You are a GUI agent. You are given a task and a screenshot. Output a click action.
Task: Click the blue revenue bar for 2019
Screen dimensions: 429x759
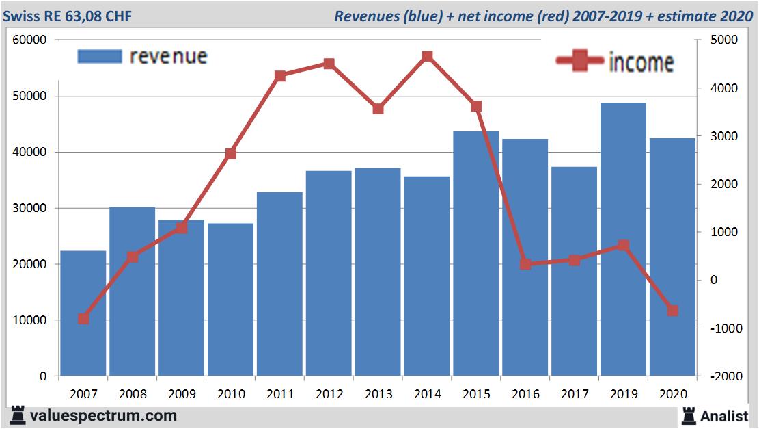(623, 239)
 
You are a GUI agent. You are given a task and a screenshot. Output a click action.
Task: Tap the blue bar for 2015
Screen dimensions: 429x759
(476, 253)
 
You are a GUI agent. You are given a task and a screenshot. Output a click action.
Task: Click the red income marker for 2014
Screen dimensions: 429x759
(427, 56)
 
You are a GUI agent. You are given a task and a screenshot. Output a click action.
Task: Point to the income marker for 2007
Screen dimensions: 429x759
(83, 319)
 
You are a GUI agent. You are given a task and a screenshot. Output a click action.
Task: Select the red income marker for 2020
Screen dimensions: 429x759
(672, 311)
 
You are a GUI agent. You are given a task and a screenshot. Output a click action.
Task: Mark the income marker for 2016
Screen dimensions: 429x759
(525, 264)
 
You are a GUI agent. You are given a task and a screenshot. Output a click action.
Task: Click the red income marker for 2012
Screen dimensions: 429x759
(329, 64)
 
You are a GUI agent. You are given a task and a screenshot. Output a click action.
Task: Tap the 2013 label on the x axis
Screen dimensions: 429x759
(378, 394)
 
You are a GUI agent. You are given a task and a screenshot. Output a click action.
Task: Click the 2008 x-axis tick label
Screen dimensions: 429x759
(133, 394)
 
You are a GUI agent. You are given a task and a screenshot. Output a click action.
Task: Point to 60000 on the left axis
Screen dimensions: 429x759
(30, 40)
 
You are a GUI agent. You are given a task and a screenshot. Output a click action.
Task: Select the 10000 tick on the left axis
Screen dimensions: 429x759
(30, 320)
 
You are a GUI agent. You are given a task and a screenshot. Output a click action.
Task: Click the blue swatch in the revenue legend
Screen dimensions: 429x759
(100, 56)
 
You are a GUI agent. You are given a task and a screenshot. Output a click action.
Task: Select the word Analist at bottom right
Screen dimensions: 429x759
(724, 415)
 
